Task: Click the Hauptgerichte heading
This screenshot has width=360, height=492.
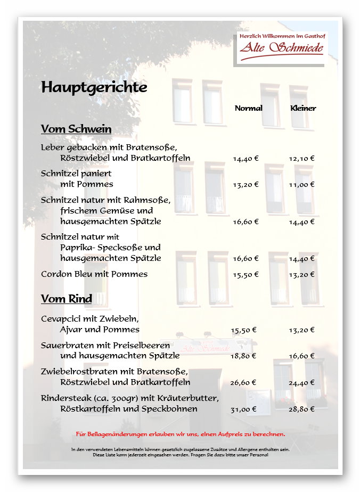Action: pos(94,87)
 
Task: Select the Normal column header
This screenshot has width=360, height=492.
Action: pos(248,108)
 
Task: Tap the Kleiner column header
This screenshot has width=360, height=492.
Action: pos(303,108)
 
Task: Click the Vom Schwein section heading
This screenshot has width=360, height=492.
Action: pos(76,129)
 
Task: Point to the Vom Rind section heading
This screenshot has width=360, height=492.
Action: pos(67,299)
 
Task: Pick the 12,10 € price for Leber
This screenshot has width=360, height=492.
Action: pos(302,158)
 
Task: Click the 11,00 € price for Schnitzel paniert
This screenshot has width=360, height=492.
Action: pos(302,184)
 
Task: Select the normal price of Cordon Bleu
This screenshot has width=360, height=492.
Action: pos(246,274)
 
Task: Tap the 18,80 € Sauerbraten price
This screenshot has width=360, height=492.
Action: pos(243,356)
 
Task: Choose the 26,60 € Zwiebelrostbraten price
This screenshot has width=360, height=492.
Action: pos(243,382)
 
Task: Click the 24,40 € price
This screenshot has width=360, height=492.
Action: pos(302,382)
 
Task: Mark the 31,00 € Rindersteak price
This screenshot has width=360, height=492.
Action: pos(243,409)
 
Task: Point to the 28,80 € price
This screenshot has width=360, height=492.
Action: pos(302,409)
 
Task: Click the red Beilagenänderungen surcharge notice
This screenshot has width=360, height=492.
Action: pos(181,434)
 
